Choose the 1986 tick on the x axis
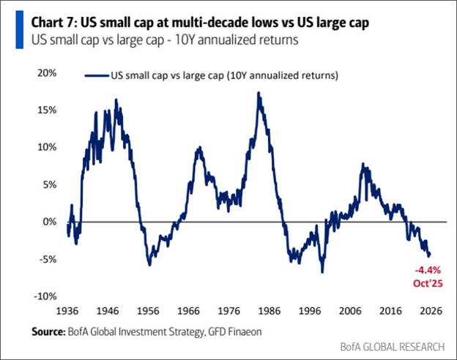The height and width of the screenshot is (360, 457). tap(278, 309)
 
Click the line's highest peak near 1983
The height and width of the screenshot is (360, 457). tap(259, 93)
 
